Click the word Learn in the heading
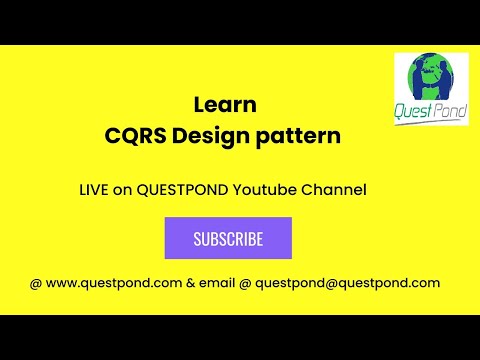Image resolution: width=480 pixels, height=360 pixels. point(225,104)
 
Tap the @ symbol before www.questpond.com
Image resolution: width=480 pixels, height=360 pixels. point(36,283)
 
